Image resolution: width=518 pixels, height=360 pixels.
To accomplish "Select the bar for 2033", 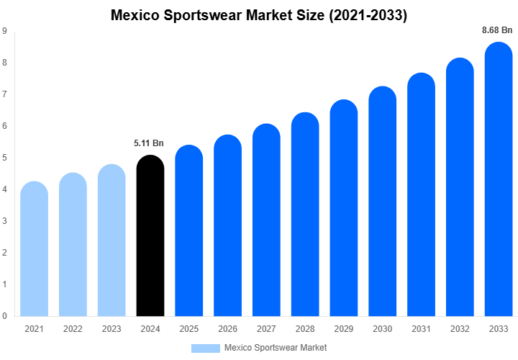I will click(x=499, y=180).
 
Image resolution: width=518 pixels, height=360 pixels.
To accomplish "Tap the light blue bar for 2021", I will click(x=34, y=249).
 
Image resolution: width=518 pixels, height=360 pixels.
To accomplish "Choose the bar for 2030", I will click(x=382, y=202).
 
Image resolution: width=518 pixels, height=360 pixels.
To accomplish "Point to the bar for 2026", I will click(x=227, y=226).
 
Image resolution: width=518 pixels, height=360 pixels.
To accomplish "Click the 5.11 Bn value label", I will click(x=149, y=143).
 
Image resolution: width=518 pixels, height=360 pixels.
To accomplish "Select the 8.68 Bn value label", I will click(x=497, y=30).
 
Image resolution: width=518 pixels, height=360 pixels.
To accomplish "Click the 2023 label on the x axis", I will click(x=112, y=329).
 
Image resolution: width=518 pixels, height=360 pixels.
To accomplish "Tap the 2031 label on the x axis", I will click(x=421, y=329).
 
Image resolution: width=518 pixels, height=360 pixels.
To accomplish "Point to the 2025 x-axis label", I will click(x=188, y=329).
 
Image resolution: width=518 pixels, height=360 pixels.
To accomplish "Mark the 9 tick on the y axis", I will click(x=5, y=31).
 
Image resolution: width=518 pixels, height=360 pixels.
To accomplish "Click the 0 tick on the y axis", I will click(x=5, y=315).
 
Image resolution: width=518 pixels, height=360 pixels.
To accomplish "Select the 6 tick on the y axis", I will click(x=5, y=126).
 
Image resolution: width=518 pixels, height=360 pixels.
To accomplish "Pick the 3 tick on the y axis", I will click(x=5, y=221).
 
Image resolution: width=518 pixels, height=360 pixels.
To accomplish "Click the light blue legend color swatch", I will click(x=205, y=348).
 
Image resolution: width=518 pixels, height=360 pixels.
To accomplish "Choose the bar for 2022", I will click(x=73, y=245).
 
